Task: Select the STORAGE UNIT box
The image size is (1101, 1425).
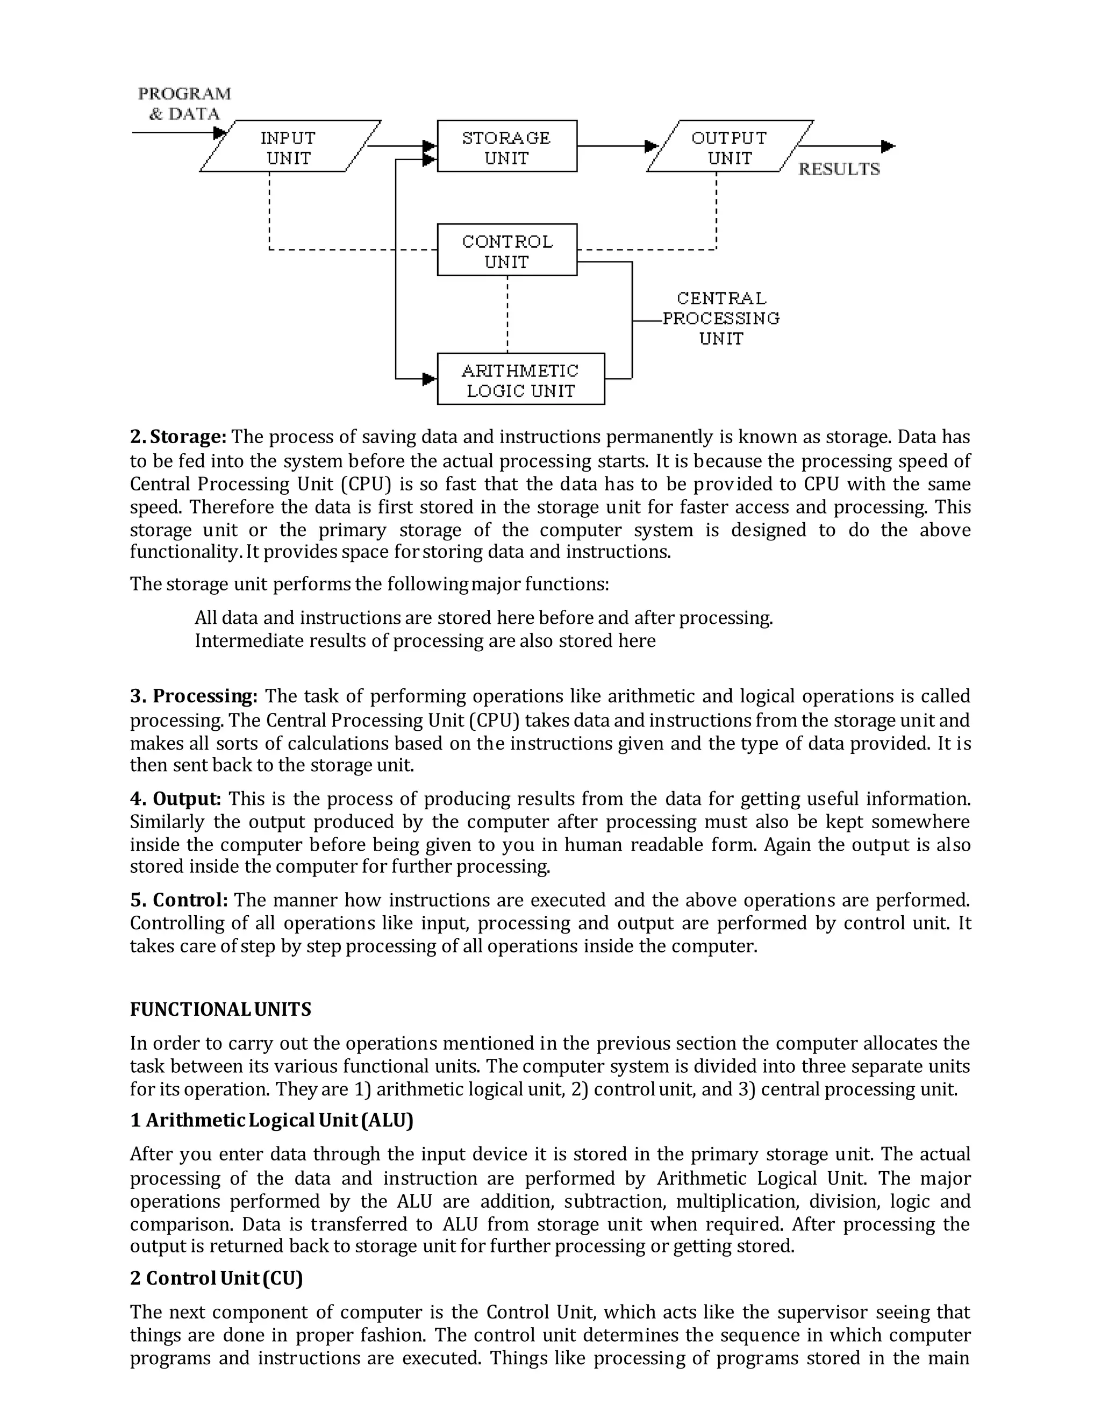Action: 507,147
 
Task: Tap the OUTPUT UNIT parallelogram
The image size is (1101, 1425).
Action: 729,147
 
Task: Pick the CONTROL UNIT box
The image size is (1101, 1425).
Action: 507,251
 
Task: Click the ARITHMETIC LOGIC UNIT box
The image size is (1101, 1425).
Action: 520,380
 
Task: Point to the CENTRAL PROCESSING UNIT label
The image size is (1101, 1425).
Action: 721,318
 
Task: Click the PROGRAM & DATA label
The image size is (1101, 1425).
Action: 184,104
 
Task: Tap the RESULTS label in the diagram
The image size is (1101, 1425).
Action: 839,169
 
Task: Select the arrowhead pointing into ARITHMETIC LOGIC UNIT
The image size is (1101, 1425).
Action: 429,379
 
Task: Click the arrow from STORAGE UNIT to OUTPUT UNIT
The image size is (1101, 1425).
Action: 613,146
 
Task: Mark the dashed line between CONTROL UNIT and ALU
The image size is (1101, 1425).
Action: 507,314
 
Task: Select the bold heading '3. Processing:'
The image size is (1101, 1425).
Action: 194,696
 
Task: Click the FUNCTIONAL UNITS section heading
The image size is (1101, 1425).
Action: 220,1009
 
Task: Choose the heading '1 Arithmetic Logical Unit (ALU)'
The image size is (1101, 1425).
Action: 272,1120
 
